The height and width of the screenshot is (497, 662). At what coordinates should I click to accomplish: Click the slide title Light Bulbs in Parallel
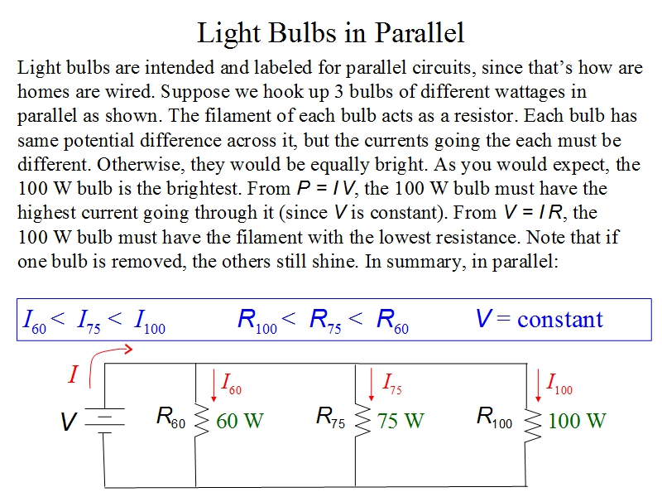point(331,32)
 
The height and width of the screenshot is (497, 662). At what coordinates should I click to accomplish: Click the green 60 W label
point(239,421)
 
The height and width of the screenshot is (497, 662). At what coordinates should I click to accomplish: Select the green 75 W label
point(401,421)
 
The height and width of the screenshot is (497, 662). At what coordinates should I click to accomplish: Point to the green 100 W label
point(577,421)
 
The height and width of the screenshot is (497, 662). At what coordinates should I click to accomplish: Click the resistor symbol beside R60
point(199,421)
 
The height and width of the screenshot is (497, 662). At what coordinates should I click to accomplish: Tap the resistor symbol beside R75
point(362,421)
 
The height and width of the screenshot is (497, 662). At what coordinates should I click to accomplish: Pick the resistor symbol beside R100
point(532,421)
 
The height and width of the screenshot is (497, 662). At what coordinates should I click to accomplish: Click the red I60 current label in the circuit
point(231,384)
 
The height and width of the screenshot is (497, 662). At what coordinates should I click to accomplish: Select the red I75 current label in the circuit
point(391,384)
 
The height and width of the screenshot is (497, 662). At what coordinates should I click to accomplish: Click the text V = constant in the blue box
point(539,319)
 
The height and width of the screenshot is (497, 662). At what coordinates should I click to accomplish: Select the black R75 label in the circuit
point(331,417)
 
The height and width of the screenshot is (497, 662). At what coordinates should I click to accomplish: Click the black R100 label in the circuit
point(494,417)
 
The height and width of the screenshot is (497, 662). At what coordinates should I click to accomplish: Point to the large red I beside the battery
point(73,375)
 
